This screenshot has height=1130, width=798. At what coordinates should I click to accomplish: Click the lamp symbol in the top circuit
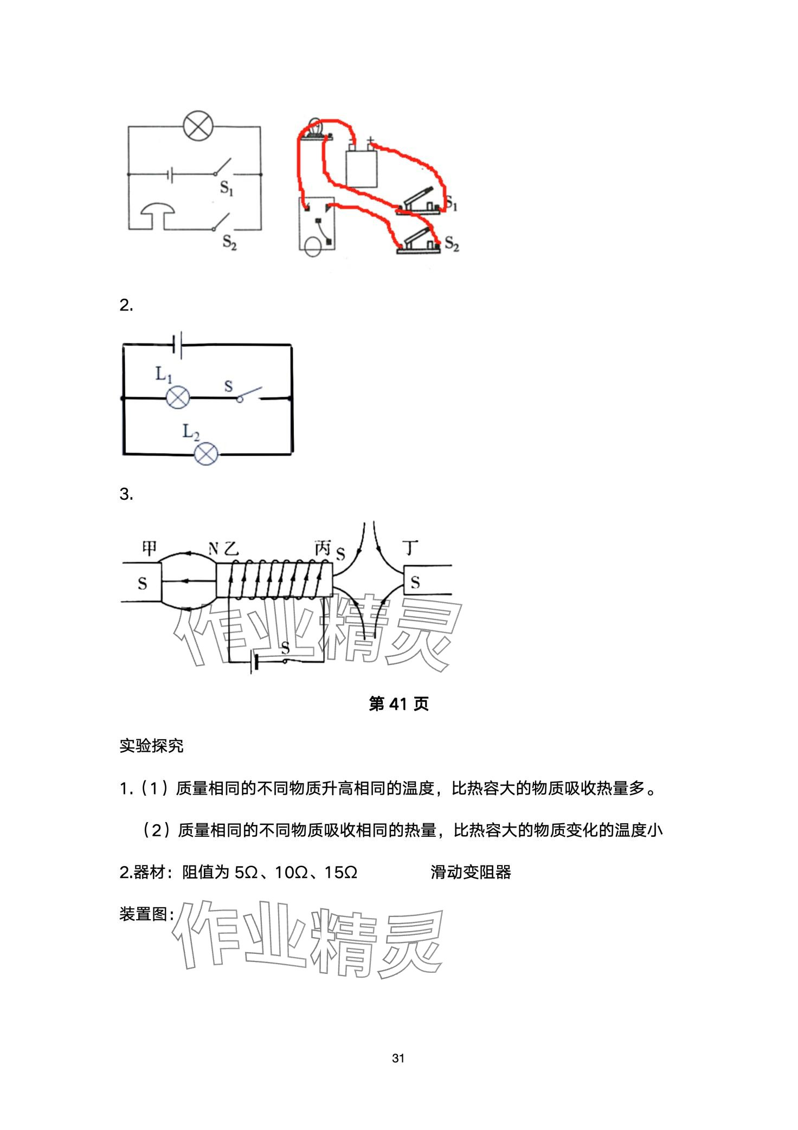198,126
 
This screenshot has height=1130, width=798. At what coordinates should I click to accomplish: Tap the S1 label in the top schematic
227,188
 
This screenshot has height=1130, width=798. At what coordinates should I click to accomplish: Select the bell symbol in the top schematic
158,215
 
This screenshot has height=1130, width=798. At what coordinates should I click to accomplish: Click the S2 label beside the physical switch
452,244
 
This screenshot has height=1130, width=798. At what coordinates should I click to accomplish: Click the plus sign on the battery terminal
371,140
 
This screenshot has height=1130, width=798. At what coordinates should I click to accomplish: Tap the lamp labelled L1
178,397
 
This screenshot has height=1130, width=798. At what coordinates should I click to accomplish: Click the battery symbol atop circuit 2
177,345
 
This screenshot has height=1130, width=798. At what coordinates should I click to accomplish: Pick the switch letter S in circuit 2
229,386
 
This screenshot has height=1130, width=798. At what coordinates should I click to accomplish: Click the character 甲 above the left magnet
149,548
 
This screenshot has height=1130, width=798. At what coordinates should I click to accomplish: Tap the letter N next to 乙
214,550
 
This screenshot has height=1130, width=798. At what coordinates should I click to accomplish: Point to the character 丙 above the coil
323,548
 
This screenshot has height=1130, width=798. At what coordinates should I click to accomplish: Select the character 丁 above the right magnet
411,548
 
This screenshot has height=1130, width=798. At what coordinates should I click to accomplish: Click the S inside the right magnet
415,583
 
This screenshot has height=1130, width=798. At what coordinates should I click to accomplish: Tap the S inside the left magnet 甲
143,583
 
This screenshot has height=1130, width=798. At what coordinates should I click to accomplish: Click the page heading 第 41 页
398,704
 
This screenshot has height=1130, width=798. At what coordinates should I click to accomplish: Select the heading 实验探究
152,746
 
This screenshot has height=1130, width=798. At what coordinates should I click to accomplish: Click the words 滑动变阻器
471,872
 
